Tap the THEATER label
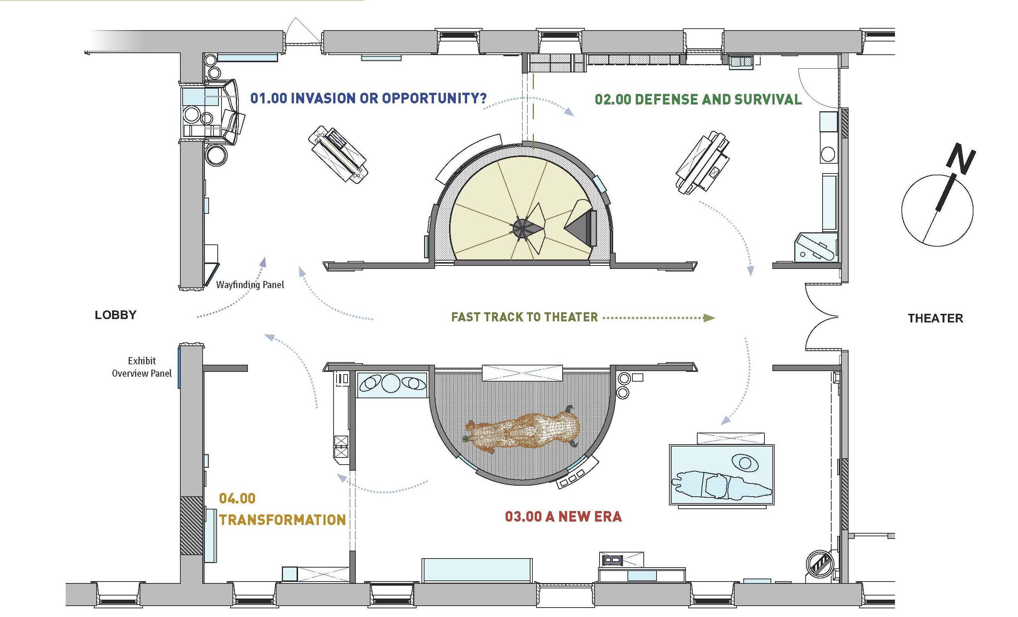pyautogui.click(x=935, y=318)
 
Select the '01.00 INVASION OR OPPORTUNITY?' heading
pyautogui.click(x=368, y=98)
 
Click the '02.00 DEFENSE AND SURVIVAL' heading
pyautogui.click(x=698, y=100)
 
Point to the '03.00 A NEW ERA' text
pyautogui.click(x=563, y=517)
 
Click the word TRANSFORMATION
pyautogui.click(x=282, y=520)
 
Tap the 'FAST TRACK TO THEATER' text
pyautogui.click(x=524, y=317)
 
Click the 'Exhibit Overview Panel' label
pyautogui.click(x=142, y=367)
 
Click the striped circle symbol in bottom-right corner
pyautogui.click(x=820, y=564)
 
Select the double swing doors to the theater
pyautogui.click(x=821, y=317)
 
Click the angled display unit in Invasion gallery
pyautogui.click(x=338, y=155)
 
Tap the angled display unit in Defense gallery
pyautogui.click(x=702, y=162)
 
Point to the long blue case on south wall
pyautogui.click(x=476, y=570)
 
